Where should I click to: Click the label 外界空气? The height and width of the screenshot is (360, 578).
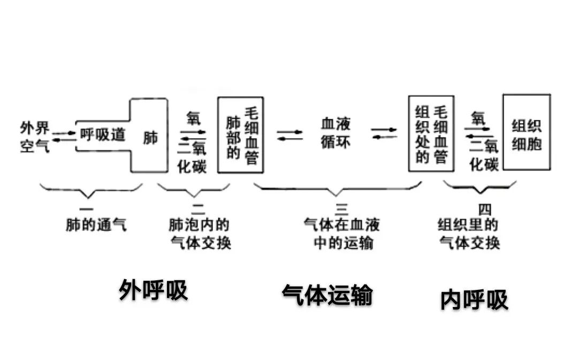point(35,136)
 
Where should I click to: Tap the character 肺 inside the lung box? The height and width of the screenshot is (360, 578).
point(150,137)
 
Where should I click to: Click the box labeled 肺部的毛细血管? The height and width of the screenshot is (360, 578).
point(240,135)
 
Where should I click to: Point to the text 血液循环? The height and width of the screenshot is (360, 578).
point(336,134)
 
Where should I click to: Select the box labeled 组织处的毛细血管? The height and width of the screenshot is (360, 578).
point(431,134)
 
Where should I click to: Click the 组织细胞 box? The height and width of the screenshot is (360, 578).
point(527,133)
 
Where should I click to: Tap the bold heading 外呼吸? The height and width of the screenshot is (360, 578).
point(154,290)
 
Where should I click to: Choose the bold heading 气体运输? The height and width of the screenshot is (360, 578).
point(327,295)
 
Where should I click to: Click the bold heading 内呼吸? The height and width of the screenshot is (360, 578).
point(474,300)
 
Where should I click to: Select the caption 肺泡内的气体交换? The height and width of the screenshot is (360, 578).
point(200,234)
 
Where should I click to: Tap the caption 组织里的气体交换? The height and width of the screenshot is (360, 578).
point(469,234)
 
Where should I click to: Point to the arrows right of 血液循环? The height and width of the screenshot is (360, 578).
point(384,134)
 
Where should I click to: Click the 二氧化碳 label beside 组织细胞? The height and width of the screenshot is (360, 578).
point(484,155)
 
